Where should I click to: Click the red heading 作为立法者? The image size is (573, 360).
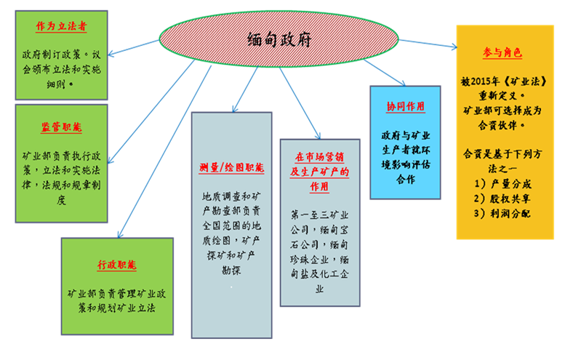coord(62,26)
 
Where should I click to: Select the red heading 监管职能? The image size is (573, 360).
coord(62,127)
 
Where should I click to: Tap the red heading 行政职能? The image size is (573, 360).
coord(116,265)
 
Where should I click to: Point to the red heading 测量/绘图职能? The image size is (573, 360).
coord(231,168)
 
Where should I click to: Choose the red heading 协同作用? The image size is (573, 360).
coord(405,106)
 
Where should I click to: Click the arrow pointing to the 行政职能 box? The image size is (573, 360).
coord(160,145)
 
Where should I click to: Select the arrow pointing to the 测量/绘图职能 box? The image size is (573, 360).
coord(233,87)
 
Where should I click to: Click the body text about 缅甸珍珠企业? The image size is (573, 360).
coord(320,259)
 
